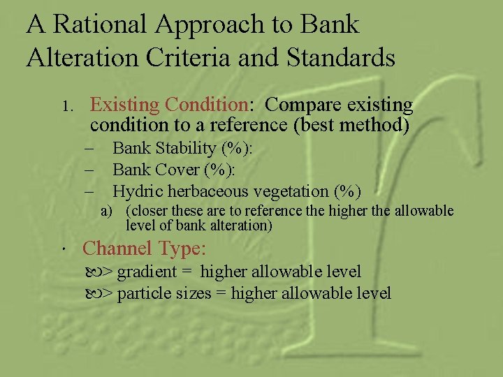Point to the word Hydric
137,191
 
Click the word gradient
140,272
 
